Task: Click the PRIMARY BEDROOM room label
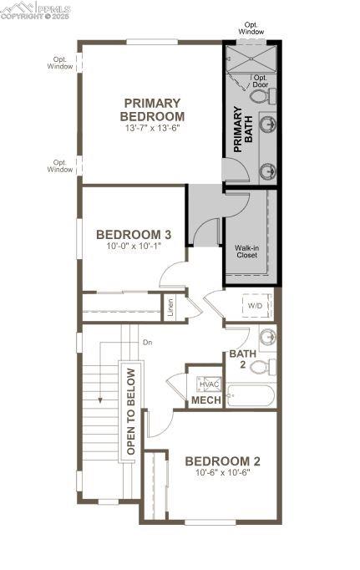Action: click(152, 109)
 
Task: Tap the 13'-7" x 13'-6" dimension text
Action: click(152, 129)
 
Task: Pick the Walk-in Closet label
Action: click(246, 251)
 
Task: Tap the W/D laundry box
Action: click(255, 306)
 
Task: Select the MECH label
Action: click(206, 400)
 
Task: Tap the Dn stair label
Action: click(148, 342)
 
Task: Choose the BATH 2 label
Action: click(237, 359)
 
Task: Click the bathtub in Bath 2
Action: click(251, 395)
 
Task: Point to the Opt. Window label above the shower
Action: click(251, 28)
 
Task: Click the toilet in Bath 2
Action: click(262, 367)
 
